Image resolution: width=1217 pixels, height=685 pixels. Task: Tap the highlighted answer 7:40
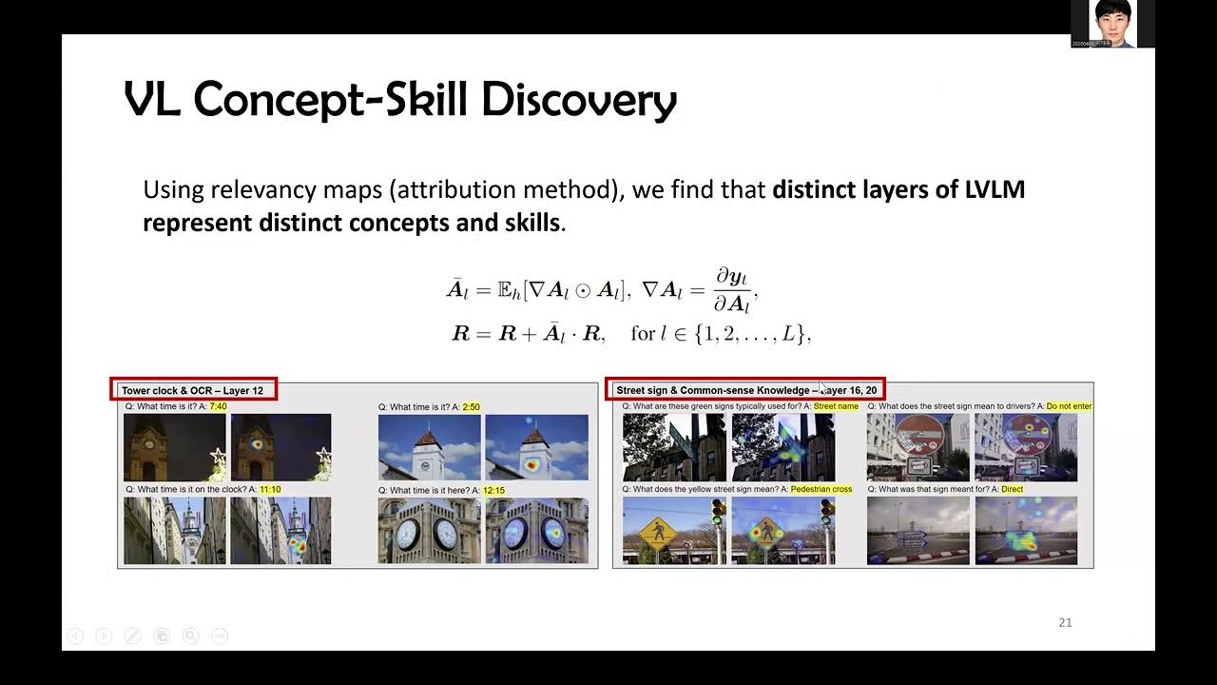click(218, 406)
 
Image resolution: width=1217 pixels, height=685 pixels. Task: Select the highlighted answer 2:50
click(470, 406)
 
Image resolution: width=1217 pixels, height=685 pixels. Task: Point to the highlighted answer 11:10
click(270, 489)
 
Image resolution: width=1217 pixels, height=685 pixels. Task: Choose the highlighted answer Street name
click(836, 406)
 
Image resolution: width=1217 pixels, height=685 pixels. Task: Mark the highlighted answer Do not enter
click(1069, 406)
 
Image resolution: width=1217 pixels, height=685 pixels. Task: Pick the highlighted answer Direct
click(1012, 489)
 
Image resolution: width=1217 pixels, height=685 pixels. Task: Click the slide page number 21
click(1065, 622)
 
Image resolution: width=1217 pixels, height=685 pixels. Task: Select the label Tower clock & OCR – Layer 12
click(198, 390)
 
